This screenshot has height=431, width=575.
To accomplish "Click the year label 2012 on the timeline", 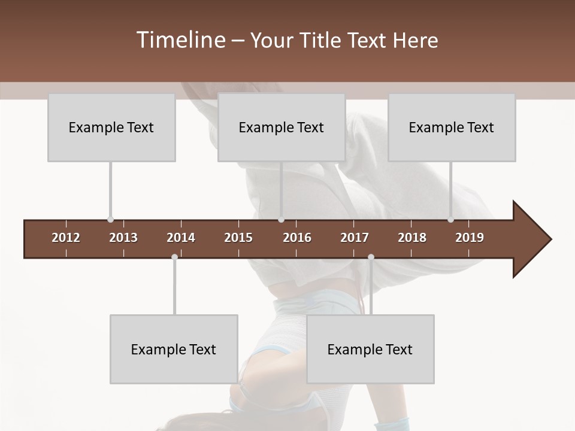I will (66, 238).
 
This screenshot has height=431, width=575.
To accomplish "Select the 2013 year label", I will (123, 238).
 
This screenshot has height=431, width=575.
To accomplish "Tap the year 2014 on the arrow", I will (181, 238).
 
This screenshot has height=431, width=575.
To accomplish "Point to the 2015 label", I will (238, 238).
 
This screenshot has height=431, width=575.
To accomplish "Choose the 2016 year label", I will (297, 238).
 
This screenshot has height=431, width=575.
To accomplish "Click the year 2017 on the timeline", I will (355, 238).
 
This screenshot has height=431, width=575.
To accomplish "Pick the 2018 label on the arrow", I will (412, 238).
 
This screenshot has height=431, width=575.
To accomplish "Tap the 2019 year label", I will (470, 238).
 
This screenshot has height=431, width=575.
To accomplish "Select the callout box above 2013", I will (111, 127).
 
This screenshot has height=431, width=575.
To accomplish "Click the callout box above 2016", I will (282, 127).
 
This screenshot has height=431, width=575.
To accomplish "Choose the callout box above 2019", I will (452, 127).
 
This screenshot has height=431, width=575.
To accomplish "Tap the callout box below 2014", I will (174, 349).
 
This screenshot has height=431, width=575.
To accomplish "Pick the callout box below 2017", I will (370, 349).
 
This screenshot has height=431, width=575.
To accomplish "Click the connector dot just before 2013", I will (110, 220).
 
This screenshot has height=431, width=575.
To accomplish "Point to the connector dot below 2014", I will (174, 257).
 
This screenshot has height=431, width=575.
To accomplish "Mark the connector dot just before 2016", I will (281, 220).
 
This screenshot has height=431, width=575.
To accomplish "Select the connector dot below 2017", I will (371, 257).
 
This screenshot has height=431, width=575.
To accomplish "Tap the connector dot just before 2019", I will (450, 220).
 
